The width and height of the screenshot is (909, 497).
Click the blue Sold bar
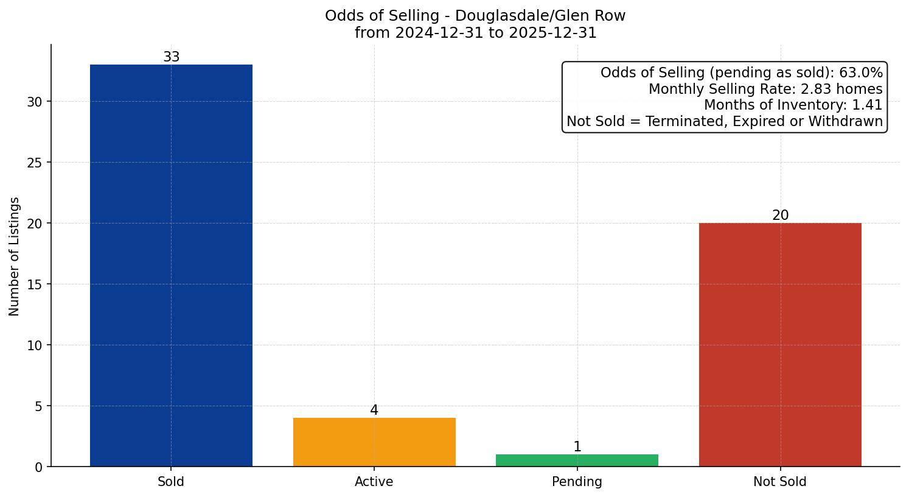(x=171, y=266)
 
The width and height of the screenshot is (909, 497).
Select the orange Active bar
(x=374, y=442)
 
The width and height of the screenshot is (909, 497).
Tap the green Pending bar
(x=577, y=460)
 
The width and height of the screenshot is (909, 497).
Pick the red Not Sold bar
(x=780, y=345)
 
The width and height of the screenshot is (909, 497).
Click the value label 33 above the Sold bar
(x=171, y=57)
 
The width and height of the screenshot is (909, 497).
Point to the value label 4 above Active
(x=374, y=411)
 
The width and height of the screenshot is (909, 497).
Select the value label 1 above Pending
(x=577, y=447)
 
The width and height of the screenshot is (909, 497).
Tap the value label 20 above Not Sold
(x=780, y=216)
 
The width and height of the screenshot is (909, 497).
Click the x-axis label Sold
(x=171, y=482)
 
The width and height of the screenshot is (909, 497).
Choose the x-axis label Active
(x=374, y=482)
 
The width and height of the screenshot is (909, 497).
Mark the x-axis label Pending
(x=577, y=482)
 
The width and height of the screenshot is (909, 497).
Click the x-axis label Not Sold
(x=780, y=482)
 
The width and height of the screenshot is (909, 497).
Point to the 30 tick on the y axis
(x=35, y=102)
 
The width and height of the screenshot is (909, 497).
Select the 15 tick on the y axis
(x=35, y=284)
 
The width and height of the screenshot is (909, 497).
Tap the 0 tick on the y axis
(x=39, y=467)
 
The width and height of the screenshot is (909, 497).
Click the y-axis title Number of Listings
(x=15, y=256)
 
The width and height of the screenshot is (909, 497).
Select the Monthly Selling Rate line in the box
(x=765, y=89)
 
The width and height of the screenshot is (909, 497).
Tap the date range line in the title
(x=475, y=33)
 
